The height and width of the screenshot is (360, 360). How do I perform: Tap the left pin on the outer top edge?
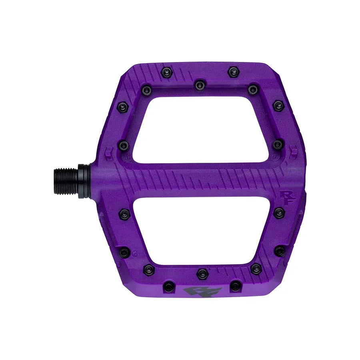click(166, 72)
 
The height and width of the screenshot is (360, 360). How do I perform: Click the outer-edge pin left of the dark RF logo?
click(169, 286)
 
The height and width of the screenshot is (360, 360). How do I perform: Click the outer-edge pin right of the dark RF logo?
click(236, 286)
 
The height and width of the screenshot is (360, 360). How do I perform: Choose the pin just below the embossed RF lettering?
click(279, 213)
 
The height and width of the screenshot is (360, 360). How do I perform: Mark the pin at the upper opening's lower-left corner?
click(124, 145)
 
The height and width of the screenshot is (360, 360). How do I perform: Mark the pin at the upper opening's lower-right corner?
click(277, 144)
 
